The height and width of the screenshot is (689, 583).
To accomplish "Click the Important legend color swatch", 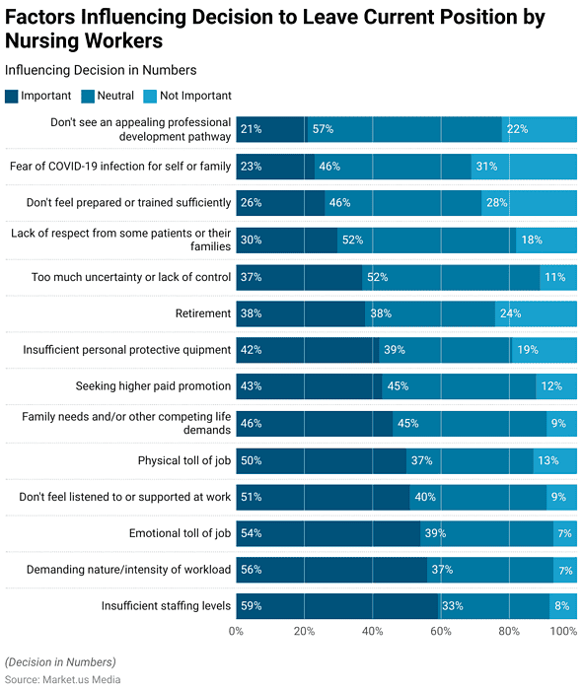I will [12, 96].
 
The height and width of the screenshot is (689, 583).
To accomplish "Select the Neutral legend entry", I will [114, 96].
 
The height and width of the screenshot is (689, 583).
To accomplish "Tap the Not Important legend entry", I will [193, 96].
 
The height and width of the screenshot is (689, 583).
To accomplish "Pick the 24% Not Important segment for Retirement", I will [536, 313].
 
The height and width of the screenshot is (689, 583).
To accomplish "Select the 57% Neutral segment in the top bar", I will [404, 129].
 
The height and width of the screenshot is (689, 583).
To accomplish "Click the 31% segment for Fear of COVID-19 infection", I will [524, 167].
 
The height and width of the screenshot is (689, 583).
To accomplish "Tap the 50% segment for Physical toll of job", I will [322, 460].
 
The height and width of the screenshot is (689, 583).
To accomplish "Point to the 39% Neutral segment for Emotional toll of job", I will [486, 533].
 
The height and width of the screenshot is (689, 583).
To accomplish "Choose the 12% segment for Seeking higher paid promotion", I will [556, 386].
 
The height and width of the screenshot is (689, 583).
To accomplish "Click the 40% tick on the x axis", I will [373, 632].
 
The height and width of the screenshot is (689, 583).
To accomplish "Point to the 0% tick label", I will [237, 632].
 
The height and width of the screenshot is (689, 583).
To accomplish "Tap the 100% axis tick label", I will [562, 632].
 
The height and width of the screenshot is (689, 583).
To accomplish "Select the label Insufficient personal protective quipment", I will [126, 350].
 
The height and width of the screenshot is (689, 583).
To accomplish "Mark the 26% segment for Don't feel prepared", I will [280, 203].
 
